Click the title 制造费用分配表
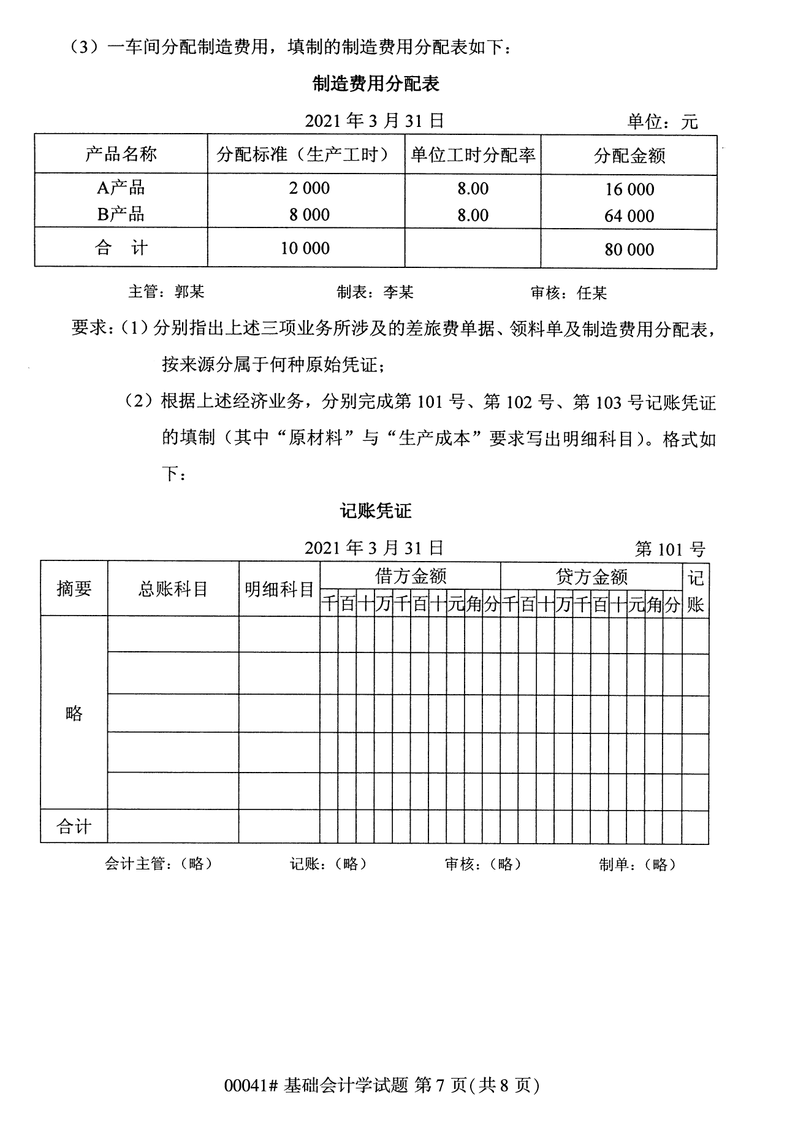(376, 83)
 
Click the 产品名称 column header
(121, 154)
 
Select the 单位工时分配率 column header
(473, 155)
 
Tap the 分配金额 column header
(629, 156)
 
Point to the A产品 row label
(121, 188)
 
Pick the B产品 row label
(121, 214)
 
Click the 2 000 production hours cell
(309, 188)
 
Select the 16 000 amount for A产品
(629, 189)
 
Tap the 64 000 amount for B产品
(629, 216)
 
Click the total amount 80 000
(629, 250)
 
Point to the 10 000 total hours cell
(305, 248)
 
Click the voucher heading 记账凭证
(376, 511)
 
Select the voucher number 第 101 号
(670, 549)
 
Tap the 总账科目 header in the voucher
(173, 589)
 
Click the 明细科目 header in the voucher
(279, 590)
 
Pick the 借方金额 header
(410, 576)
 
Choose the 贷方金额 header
(591, 576)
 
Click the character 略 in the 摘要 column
(74, 712)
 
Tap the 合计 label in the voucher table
(74, 827)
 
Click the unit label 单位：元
(663, 121)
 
